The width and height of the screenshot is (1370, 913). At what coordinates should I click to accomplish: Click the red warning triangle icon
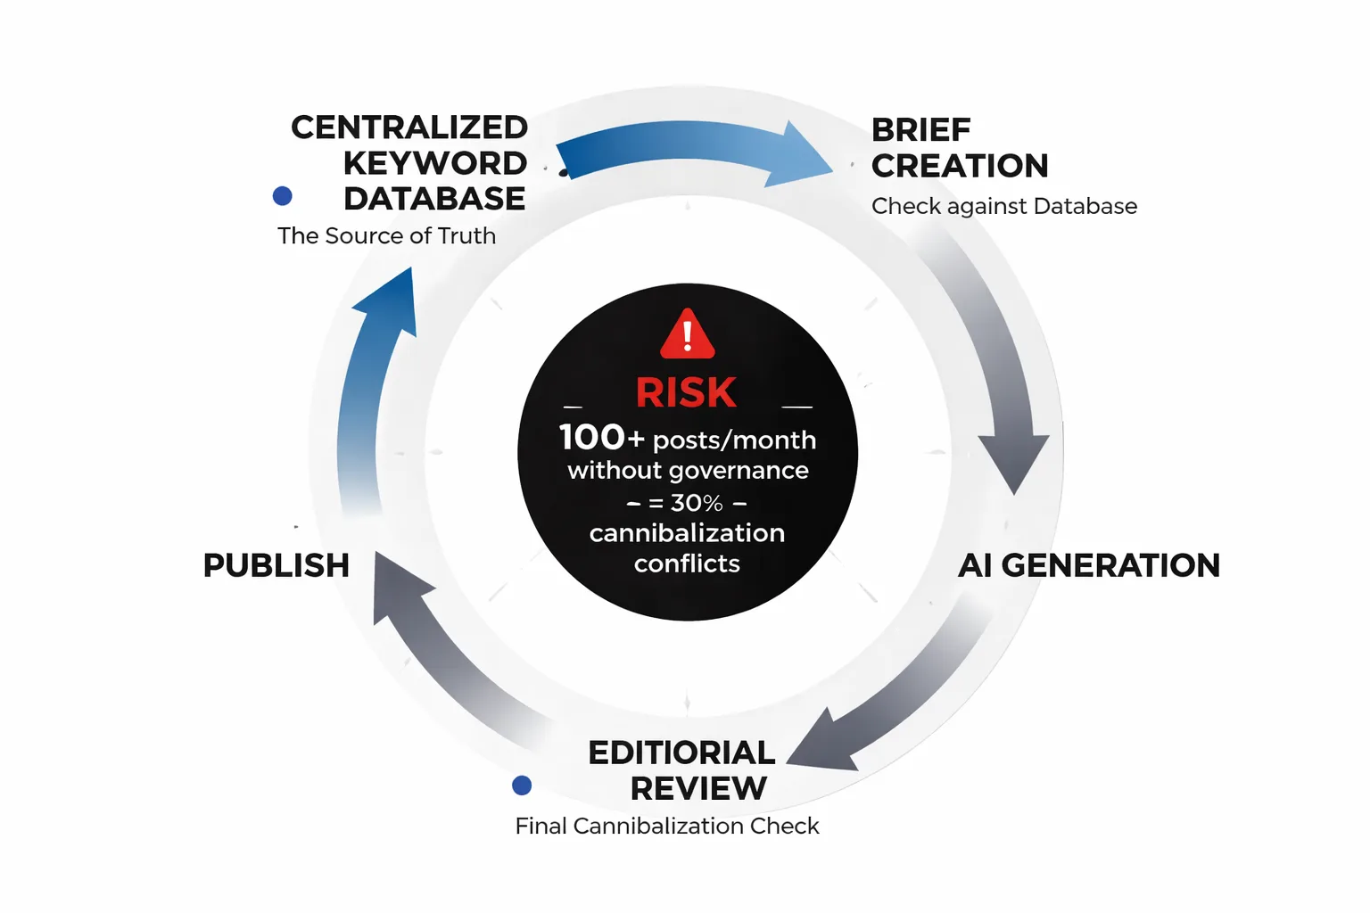pos(687,335)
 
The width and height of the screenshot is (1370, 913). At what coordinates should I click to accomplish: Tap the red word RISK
pos(686,393)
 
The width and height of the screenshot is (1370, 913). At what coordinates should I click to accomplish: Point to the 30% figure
pos(697,503)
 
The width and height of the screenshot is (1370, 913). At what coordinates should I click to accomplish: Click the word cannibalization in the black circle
pos(687,533)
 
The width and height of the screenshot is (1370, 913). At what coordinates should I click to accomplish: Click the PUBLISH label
pos(276,565)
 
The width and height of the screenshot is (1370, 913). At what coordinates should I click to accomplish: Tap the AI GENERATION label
pos(1088,565)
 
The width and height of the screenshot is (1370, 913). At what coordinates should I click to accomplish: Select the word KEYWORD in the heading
pos(435,163)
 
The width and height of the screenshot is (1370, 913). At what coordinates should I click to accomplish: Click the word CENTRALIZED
pos(409,127)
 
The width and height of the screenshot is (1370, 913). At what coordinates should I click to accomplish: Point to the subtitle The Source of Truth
pos(386,235)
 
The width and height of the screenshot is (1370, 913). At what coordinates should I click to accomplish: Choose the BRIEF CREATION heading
pos(959,148)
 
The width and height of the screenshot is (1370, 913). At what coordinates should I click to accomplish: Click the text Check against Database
pos(1003,206)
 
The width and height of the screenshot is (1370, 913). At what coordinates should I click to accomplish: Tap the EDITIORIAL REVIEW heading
pos(682,770)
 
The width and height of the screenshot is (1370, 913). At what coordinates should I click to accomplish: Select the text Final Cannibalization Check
pos(666,826)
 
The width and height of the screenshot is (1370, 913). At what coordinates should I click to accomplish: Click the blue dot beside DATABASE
pos(283,196)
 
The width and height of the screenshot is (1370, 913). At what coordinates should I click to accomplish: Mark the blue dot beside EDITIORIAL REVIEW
pos(522,785)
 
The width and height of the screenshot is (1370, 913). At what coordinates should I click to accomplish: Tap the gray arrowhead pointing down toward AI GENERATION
pos(1013,459)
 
